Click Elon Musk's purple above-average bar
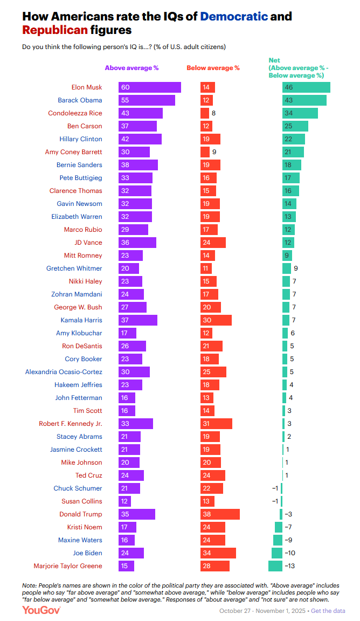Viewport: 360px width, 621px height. [x=143, y=87]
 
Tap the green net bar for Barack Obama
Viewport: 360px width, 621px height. [x=304, y=100]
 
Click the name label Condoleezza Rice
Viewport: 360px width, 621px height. [x=75, y=113]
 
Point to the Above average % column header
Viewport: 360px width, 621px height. [x=131, y=68]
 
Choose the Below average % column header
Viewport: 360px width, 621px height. [x=213, y=68]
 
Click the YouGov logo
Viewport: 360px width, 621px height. [x=41, y=610]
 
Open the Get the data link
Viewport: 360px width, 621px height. [x=328, y=611]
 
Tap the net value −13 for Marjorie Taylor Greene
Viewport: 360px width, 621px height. [x=289, y=566]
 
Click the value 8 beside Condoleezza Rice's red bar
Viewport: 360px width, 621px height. [x=213, y=113]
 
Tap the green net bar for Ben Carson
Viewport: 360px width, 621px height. [x=295, y=126]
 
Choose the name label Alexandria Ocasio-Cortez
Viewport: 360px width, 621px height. [x=64, y=372]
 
